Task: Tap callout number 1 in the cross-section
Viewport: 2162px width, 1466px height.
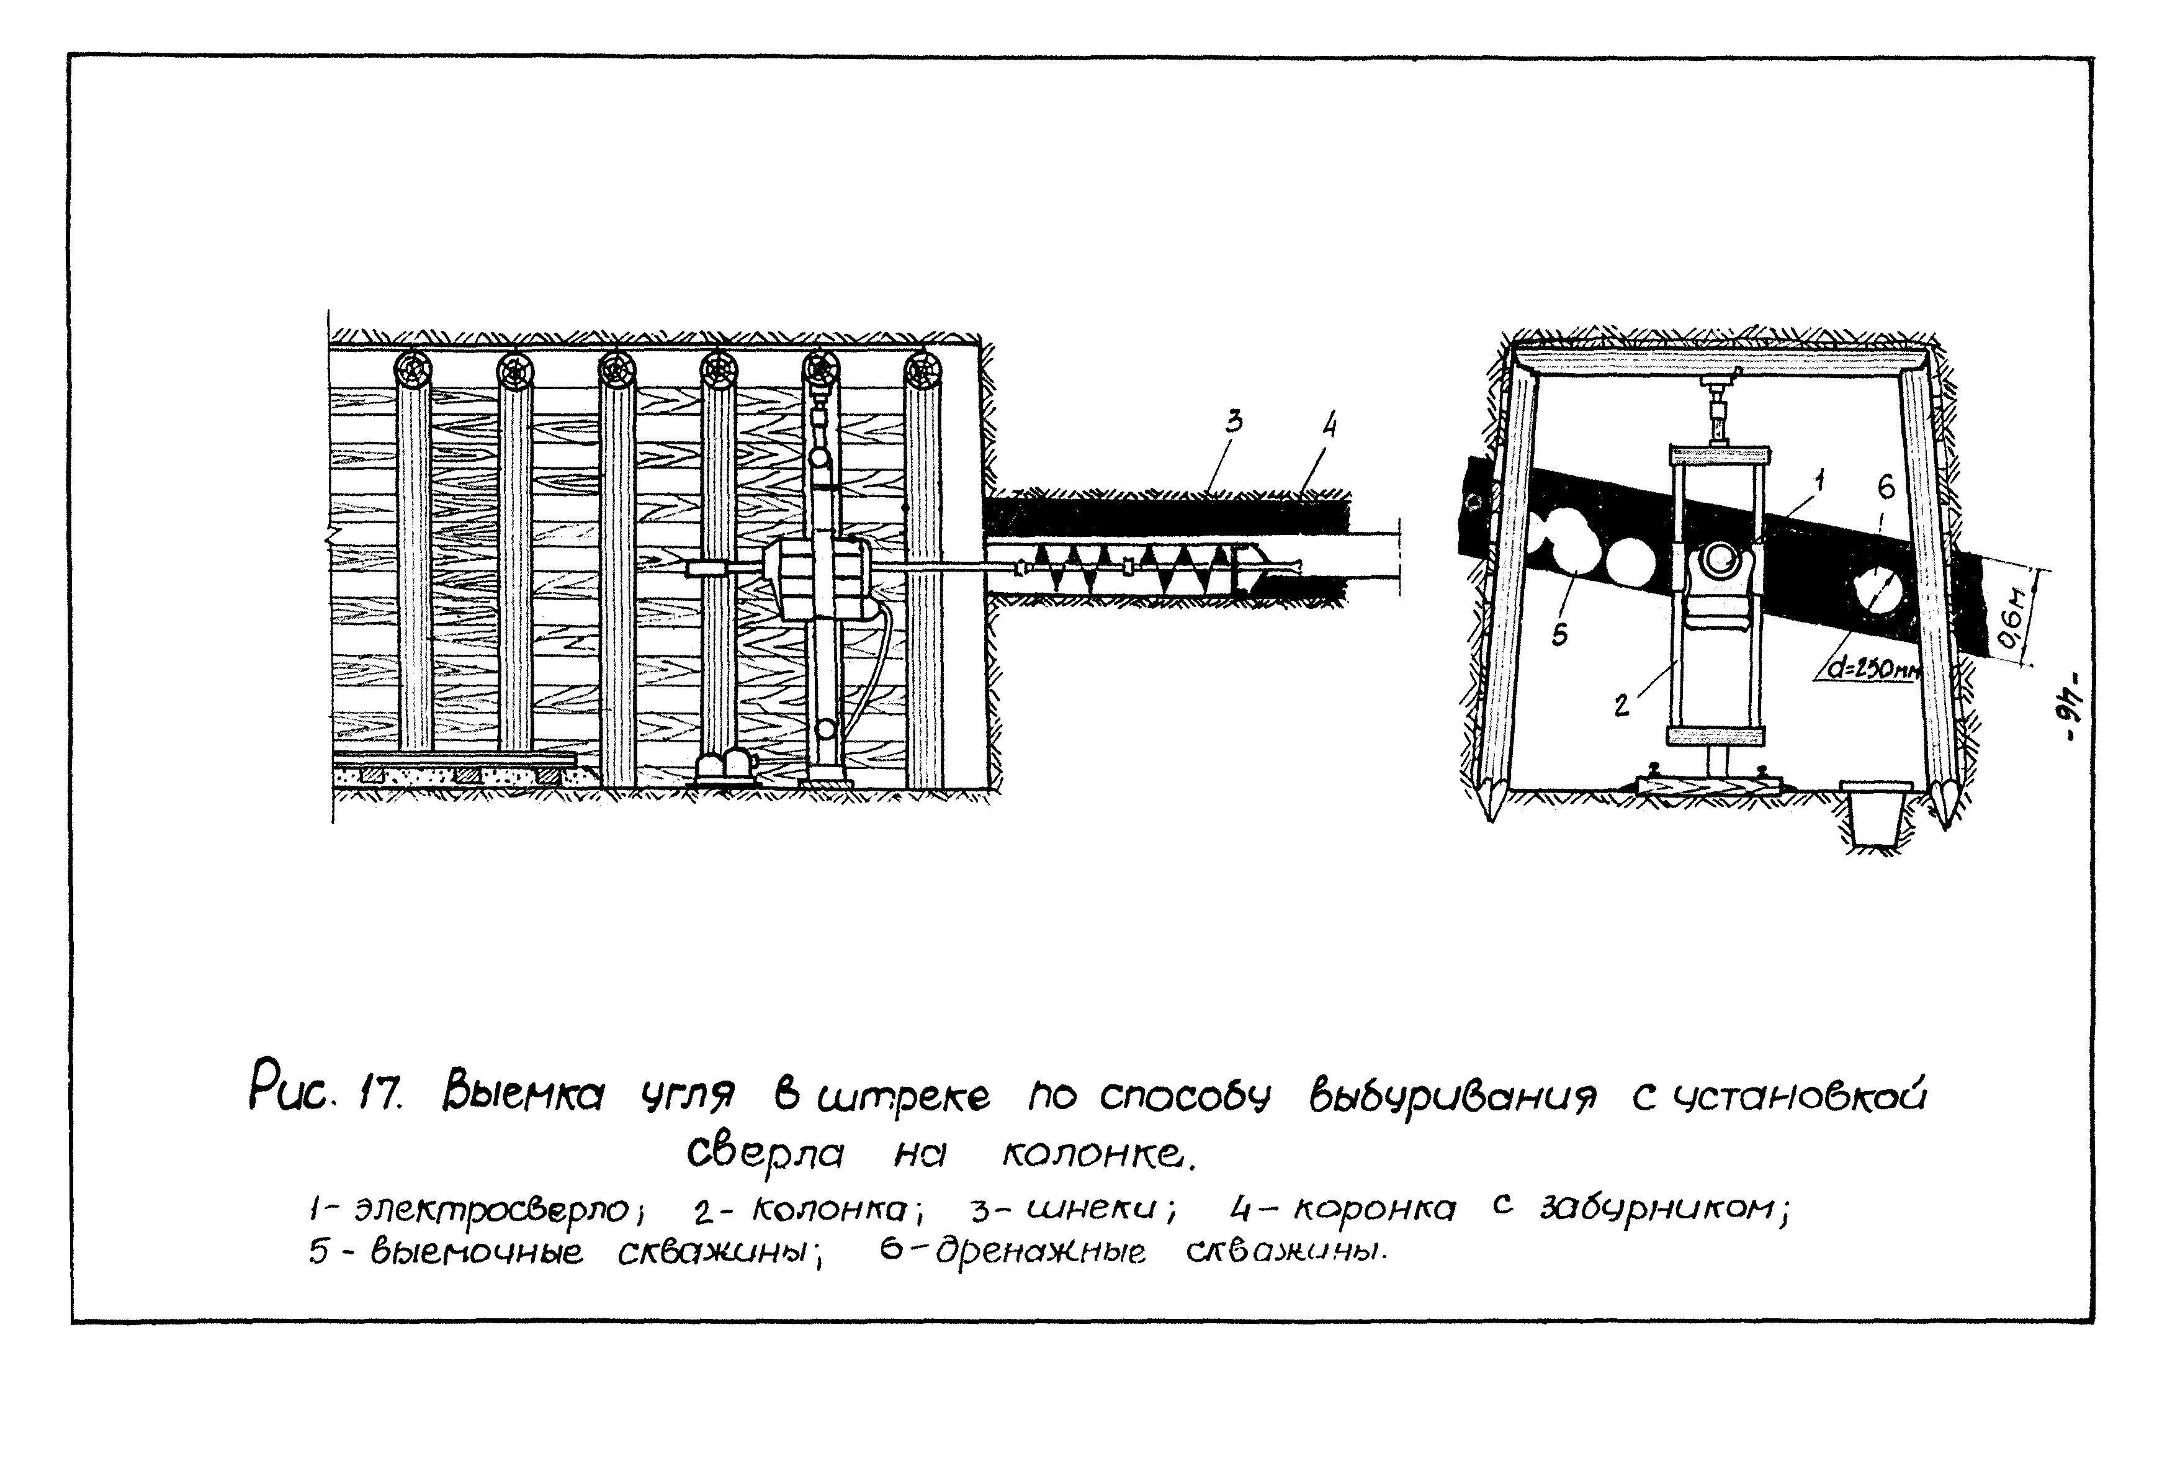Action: [1819, 480]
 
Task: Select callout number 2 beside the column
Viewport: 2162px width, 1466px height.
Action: [1622, 705]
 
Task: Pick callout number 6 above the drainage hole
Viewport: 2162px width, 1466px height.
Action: [1886, 485]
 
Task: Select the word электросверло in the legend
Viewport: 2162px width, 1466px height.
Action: [493, 1211]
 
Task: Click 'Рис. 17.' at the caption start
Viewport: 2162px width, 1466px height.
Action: [326, 1096]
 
